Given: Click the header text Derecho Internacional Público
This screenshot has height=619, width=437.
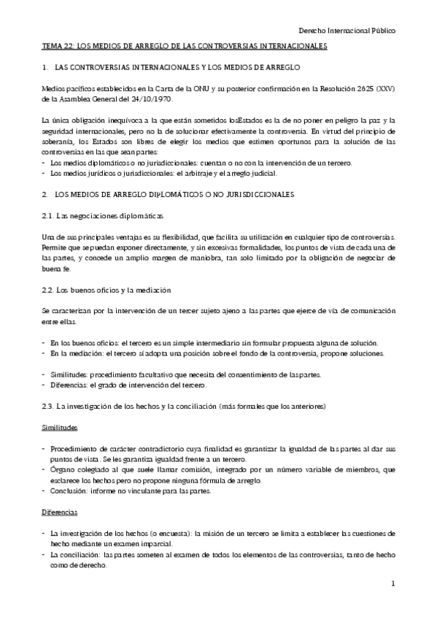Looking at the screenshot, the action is coord(348,31).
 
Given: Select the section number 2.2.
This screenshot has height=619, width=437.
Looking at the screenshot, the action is coord(47,291).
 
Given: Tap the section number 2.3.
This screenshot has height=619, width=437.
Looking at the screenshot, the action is coord(47,405).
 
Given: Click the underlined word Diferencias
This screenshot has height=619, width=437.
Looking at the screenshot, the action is coord(60,512).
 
